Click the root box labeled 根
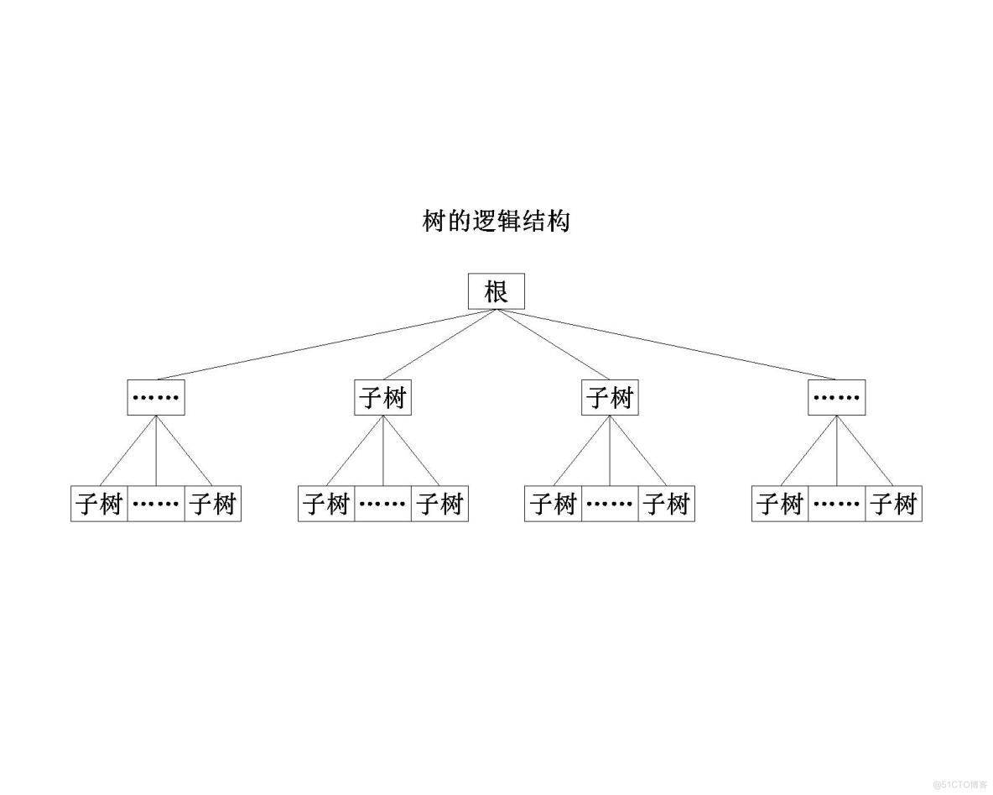496,291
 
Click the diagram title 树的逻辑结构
496,222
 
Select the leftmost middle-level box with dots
156,397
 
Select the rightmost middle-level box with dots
836,397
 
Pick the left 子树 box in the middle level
383,397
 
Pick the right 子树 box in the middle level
610,397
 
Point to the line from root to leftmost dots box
325,345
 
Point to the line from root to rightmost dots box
666,345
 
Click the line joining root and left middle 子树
439,345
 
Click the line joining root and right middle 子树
553,345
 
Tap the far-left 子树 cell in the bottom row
99,504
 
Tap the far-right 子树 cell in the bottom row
893,504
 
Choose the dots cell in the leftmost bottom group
156,504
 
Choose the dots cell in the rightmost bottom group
836,504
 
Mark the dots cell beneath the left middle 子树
383,504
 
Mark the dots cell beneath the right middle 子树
610,504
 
